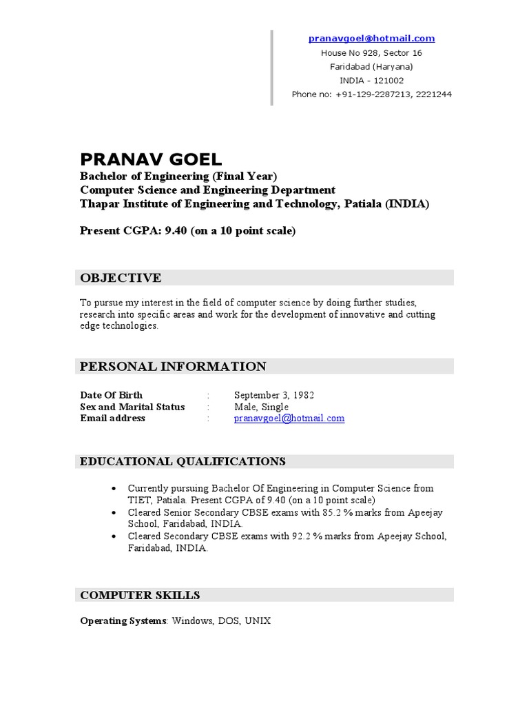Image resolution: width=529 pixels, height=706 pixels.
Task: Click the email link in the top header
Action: tap(371, 39)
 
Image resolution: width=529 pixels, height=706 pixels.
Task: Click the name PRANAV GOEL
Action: tap(151, 159)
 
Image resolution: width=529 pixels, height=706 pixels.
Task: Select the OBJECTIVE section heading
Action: tap(121, 278)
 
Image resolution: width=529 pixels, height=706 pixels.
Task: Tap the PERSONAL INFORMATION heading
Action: tap(173, 366)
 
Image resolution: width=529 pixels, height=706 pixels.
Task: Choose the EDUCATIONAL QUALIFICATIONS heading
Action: tap(183, 461)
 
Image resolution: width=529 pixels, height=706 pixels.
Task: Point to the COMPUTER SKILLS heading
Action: tap(140, 595)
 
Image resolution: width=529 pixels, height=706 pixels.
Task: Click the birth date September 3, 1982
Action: tap(273, 395)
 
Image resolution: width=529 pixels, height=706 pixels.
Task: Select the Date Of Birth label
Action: tap(111, 395)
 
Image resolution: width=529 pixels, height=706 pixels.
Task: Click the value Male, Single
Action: tap(261, 407)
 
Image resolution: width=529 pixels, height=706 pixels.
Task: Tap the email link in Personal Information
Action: tap(289, 418)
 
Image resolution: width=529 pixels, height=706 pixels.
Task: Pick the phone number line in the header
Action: tap(371, 94)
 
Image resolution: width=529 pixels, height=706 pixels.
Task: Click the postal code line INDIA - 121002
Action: tap(371, 81)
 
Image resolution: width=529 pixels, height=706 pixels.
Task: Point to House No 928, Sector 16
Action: tap(371, 53)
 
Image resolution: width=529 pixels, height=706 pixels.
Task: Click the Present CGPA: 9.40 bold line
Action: tap(187, 231)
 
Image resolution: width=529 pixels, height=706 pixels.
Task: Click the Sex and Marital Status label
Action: tap(132, 407)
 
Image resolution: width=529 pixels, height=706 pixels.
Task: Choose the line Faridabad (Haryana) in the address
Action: tap(371, 67)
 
